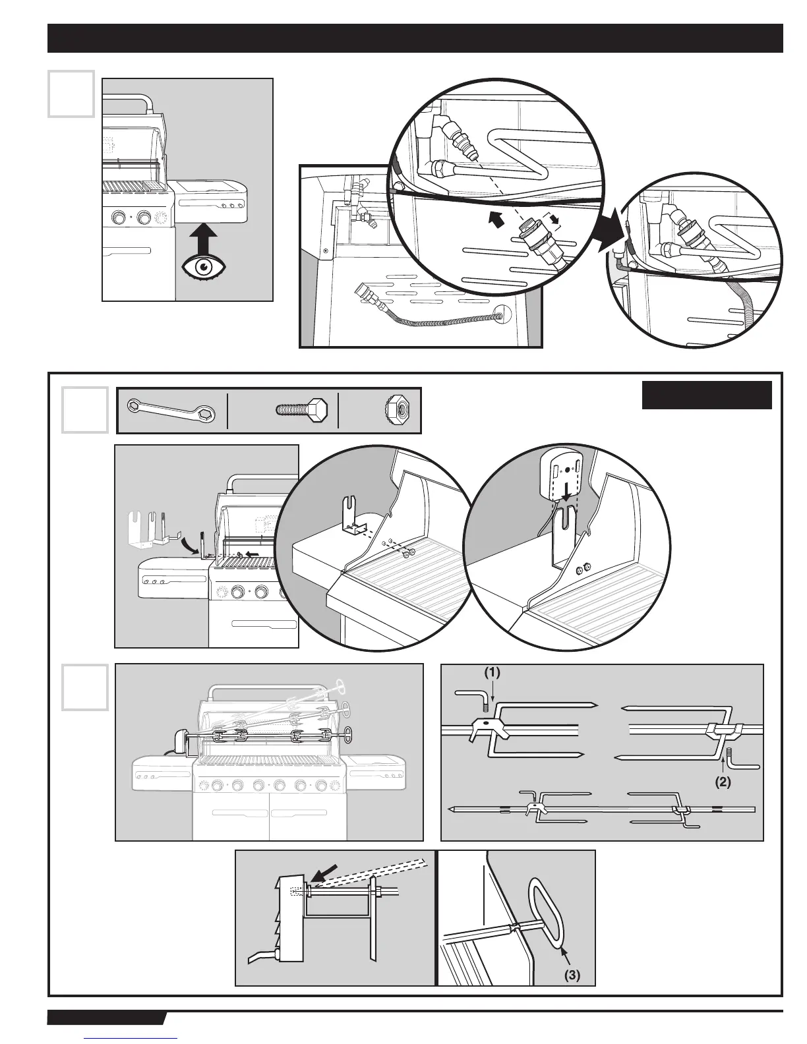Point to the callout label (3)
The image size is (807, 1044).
pyautogui.click(x=572, y=974)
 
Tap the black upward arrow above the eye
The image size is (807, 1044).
pyautogui.click(x=204, y=237)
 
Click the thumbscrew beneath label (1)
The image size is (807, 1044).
pyautogui.click(x=485, y=707)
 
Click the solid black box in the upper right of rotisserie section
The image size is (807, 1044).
pyautogui.click(x=706, y=395)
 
